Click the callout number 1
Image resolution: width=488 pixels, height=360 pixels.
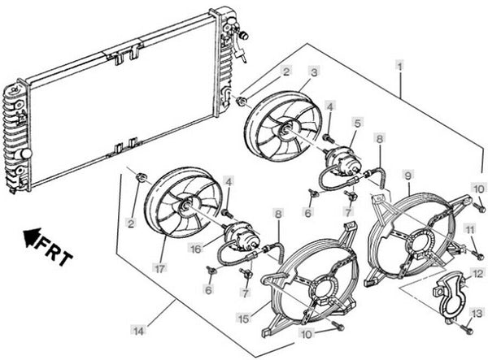point(399,66)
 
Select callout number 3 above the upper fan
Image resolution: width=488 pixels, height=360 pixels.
point(315,72)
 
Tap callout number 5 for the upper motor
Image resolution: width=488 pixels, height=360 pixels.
point(357,123)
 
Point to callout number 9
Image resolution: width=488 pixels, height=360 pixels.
point(407,176)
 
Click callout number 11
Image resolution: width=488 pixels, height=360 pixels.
point(469,230)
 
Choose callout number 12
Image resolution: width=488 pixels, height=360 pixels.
point(478,274)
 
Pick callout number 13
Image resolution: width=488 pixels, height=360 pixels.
point(477,312)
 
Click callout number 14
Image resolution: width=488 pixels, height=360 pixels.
point(138,331)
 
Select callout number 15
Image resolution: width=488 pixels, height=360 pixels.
point(244,319)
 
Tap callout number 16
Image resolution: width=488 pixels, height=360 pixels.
point(196,249)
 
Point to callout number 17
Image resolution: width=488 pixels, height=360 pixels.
point(159,269)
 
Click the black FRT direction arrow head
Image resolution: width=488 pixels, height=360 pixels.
point(33,237)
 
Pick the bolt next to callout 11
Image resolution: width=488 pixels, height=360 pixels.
point(478,255)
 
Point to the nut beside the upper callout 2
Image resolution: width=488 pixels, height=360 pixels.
point(242,101)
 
